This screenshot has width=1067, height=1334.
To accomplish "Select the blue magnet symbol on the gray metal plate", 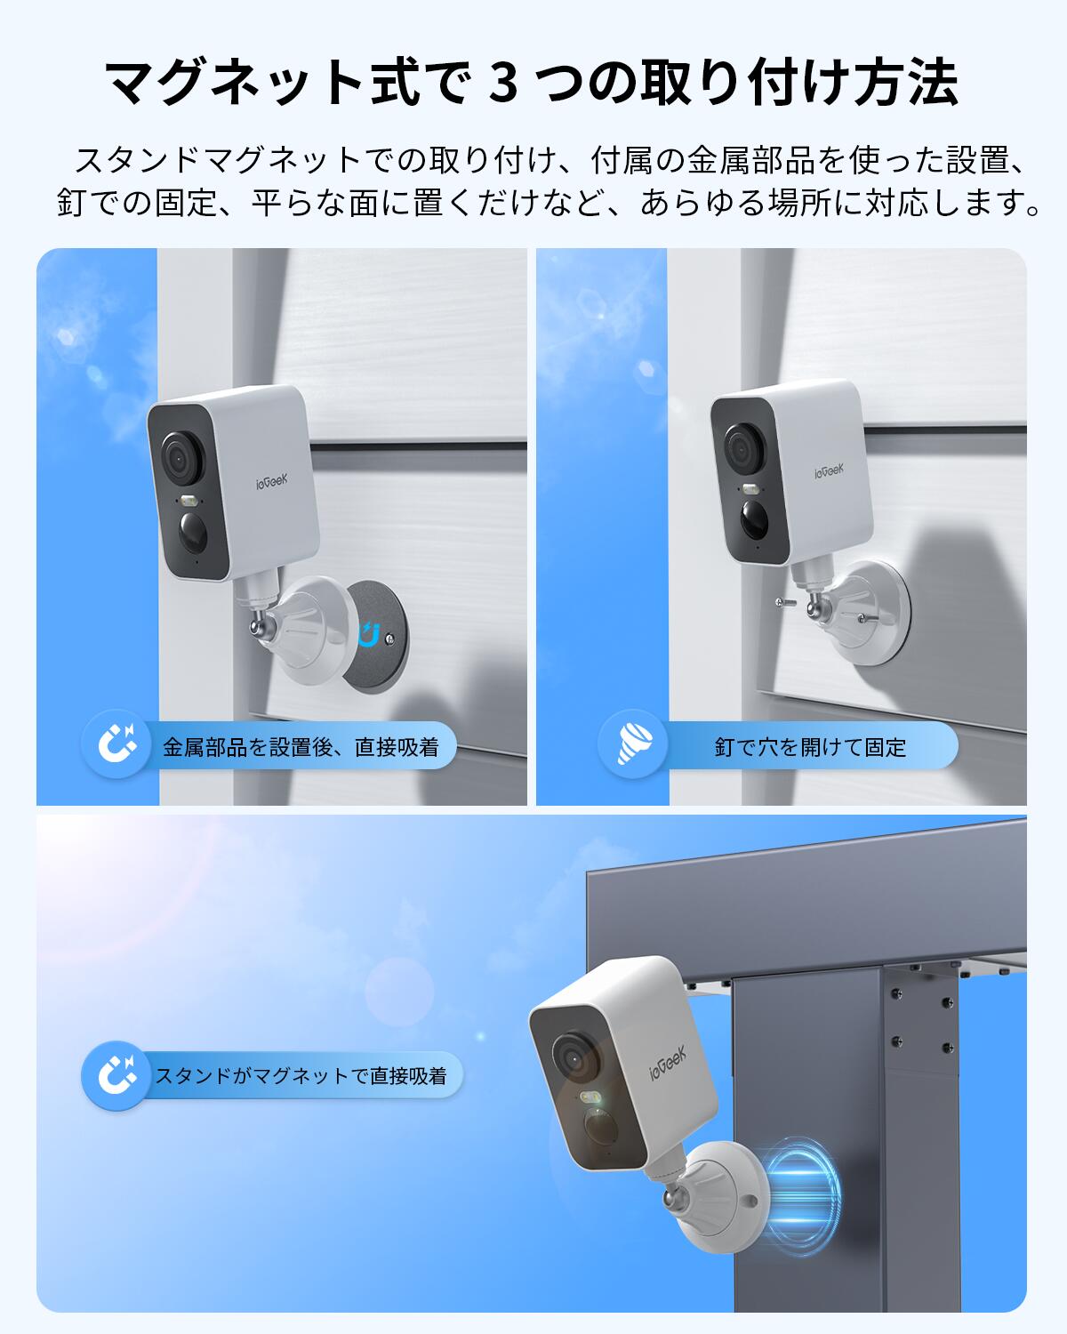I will [369, 633].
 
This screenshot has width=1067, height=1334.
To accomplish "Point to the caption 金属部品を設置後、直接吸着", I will [301, 747].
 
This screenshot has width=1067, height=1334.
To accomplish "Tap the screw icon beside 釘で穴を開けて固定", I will [643, 745].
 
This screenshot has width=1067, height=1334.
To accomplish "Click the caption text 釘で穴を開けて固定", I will [809, 747].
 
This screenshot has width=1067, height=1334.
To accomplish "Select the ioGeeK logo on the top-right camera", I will [829, 469].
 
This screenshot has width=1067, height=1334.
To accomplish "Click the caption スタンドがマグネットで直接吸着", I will [301, 1076].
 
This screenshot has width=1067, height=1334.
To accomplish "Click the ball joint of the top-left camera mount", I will [259, 630].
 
